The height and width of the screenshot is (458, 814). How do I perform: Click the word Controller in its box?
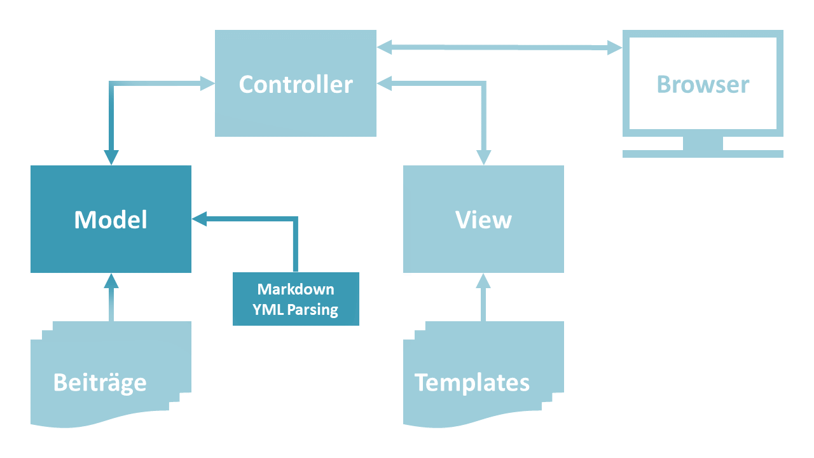click(x=296, y=85)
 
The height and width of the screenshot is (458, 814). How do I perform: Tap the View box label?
click(x=483, y=219)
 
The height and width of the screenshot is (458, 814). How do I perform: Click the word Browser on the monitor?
click(x=703, y=85)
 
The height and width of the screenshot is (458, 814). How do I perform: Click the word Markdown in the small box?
click(x=296, y=289)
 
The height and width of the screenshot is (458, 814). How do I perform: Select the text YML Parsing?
click(x=296, y=310)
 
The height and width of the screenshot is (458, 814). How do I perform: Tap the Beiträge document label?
click(x=100, y=383)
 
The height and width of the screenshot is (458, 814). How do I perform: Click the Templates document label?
click(x=472, y=383)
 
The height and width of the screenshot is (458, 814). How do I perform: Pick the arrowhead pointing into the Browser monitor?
click(x=614, y=47)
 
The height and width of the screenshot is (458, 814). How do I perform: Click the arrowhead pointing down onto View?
click(x=483, y=156)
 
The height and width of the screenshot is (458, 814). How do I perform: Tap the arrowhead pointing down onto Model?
click(x=111, y=156)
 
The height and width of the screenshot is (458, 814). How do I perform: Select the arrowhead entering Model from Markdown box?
click(x=200, y=219)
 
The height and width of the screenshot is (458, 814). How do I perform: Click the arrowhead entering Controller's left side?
click(x=207, y=82)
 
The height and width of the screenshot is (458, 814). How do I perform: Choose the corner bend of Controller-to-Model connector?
click(x=111, y=83)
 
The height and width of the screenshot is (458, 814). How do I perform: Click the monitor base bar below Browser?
click(x=703, y=153)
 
